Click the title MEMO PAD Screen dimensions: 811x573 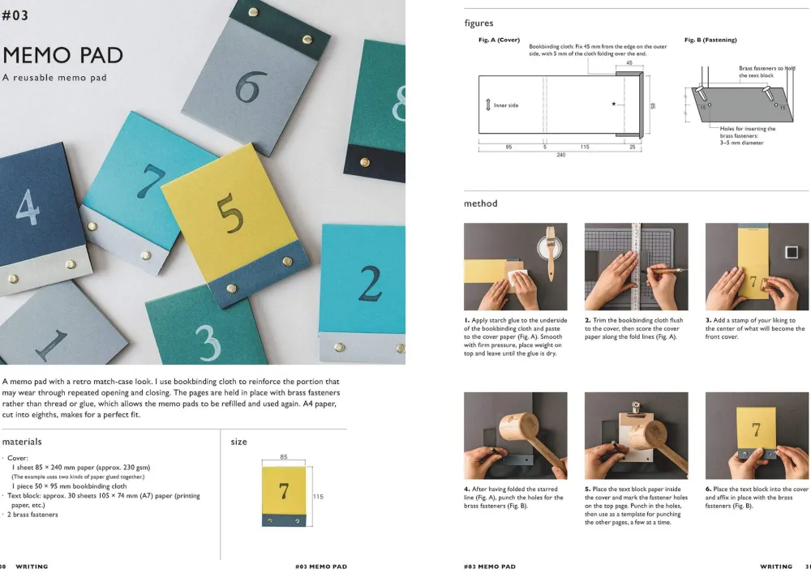pos(62,55)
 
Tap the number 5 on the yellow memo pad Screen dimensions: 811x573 pos(230,215)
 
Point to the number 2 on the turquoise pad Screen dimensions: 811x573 pos(370,283)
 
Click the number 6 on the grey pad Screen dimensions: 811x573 pos(251,87)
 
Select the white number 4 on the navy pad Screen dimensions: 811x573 pos(28,207)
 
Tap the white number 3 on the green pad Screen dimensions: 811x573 pos(208,342)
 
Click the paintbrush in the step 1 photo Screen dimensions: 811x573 pos(551,253)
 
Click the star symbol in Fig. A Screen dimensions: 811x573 pos(613,104)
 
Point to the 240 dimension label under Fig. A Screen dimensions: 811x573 pos(560,155)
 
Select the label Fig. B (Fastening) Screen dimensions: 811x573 pos(710,40)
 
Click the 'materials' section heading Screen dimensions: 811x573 pos(22,442)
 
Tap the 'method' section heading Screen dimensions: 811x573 pos(480,203)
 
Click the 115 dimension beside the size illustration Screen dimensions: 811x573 pos(318,497)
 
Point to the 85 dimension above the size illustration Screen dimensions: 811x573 pos(283,457)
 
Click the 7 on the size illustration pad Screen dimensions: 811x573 pos(283,491)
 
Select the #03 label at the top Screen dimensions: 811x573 pos(15,15)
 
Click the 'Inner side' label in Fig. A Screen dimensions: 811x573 pos(506,105)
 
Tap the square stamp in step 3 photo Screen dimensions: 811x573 pos(792,251)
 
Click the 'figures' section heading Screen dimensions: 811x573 pos(479,24)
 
